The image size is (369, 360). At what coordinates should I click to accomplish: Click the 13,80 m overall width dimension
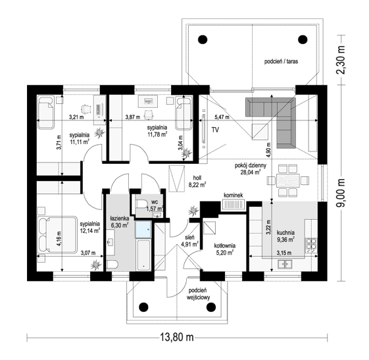pyautogui.click(x=177, y=338)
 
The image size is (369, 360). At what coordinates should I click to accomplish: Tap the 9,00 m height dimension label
pyautogui.click(x=341, y=193)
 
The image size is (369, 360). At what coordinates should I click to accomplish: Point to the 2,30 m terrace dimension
pyautogui.click(x=341, y=61)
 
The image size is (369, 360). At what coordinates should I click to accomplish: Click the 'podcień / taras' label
pyautogui.click(x=281, y=61)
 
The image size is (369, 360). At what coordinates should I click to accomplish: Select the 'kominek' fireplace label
pyautogui.click(x=234, y=195)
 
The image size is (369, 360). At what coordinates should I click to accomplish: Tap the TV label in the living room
pyautogui.click(x=215, y=130)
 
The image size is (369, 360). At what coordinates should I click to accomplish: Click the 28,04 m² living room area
pyautogui.click(x=250, y=172)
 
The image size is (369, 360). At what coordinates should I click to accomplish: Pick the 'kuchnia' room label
pyautogui.click(x=285, y=232)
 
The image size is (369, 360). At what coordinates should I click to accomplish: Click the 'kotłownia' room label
pyautogui.click(x=224, y=245)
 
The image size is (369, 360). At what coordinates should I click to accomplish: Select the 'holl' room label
pyautogui.click(x=197, y=178)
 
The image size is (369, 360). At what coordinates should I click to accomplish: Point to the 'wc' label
pyautogui.click(x=155, y=202)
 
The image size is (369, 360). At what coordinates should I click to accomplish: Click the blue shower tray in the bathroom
pyautogui.click(x=143, y=229)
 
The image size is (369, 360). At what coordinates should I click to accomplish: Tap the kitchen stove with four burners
pyautogui.click(x=311, y=245)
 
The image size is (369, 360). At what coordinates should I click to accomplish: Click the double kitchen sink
pyautogui.click(x=285, y=264)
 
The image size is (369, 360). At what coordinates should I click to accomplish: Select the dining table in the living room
pyautogui.click(x=288, y=181)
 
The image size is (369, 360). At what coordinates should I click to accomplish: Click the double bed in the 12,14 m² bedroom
pyautogui.click(x=57, y=235)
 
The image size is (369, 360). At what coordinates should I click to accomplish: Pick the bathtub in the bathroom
pyautogui.click(x=143, y=255)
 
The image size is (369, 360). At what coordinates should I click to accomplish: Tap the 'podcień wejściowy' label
pyautogui.click(x=198, y=294)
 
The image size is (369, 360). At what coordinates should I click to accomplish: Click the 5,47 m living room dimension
pyautogui.click(x=222, y=117)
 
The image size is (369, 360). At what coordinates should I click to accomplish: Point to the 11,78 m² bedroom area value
pyautogui.click(x=157, y=135)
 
